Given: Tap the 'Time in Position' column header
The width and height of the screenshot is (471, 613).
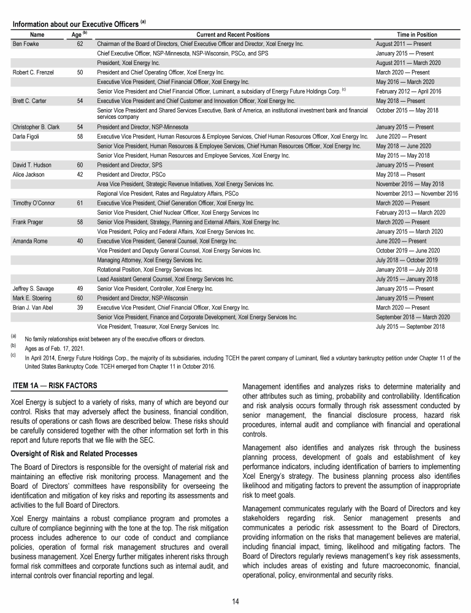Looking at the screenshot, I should pos(417,35).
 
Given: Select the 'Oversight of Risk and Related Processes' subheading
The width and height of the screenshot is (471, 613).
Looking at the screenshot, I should pos(74,453).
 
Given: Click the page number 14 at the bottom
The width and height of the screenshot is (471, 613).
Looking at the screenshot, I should pos(235,601).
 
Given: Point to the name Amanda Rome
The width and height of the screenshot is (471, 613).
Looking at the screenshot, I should pos(29,241).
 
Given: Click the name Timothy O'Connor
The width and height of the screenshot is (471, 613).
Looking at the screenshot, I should pos(33,203).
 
